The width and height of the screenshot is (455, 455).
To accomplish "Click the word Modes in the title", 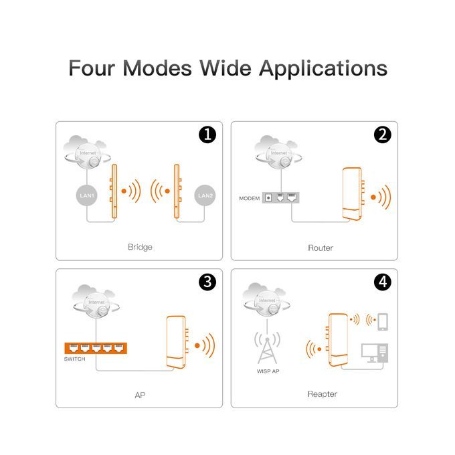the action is (157, 68).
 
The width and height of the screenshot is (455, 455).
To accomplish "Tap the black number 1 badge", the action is (207, 134).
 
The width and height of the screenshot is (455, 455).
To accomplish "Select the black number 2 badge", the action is (383, 134).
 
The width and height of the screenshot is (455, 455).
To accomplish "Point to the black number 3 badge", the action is (207, 282).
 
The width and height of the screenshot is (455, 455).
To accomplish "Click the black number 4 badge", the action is (383, 282).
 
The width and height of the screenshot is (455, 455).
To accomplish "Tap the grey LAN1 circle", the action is (87, 195).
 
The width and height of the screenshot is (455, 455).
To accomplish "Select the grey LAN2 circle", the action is (205, 195).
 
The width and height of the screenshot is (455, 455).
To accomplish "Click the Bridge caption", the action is (140, 247).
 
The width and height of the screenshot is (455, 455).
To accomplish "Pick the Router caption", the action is (321, 248).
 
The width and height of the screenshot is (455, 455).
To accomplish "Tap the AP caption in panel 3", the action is (140, 395).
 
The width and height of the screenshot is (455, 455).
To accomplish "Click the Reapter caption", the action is (322, 394).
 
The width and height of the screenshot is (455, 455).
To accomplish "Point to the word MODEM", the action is (250, 199).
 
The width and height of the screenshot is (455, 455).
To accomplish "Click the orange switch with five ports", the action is (96, 348).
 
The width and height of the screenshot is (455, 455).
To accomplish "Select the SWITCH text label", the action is (74, 359).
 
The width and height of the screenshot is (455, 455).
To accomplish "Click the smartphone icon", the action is (383, 322).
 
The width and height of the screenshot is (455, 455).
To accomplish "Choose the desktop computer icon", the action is (375, 353).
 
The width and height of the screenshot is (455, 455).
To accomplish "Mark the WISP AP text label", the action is (268, 371).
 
